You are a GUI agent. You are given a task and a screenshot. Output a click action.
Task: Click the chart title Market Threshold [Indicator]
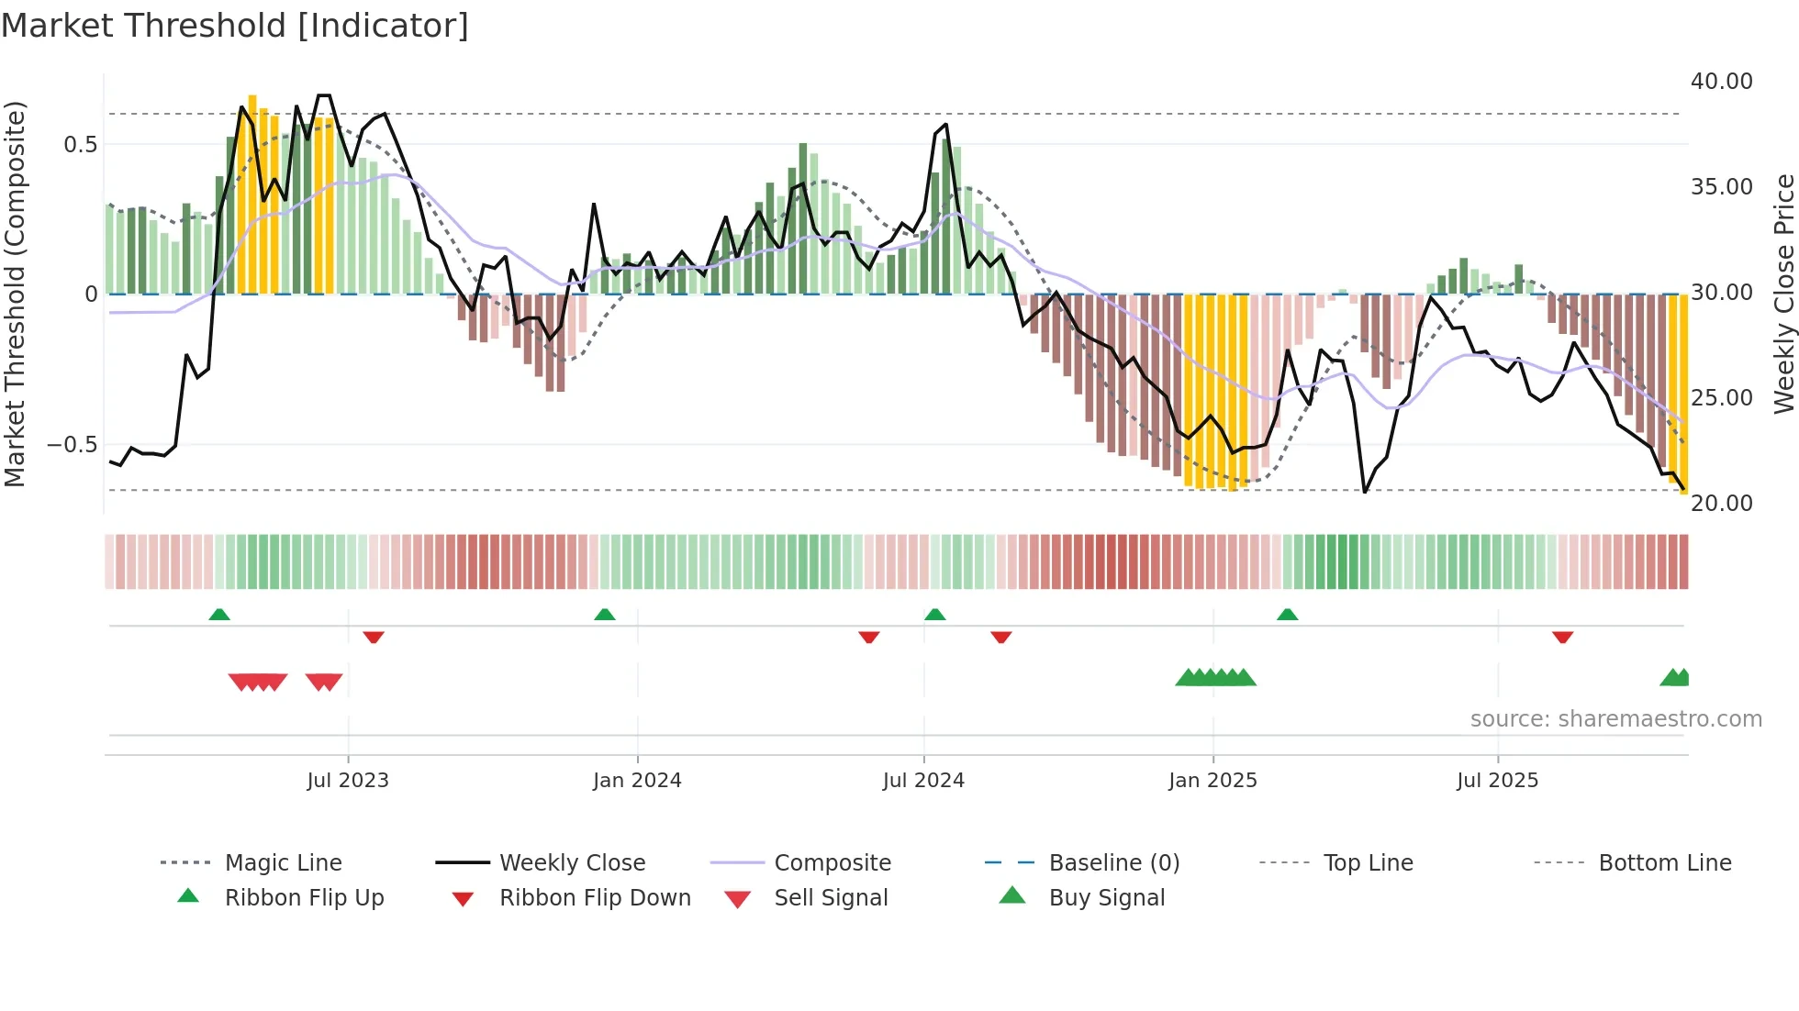click(235, 26)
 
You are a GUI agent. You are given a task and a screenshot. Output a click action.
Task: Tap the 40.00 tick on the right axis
click(1721, 82)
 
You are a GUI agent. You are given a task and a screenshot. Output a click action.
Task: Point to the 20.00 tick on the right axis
click(1721, 504)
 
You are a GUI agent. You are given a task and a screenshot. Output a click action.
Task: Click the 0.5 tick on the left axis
click(80, 145)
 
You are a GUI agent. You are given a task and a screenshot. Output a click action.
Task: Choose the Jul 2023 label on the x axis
click(348, 781)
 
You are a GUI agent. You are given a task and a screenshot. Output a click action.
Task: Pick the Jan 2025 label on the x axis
click(1212, 781)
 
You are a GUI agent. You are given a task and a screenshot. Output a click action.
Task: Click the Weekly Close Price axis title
click(1783, 294)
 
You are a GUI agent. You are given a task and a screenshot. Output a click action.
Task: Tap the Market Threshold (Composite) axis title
click(15, 294)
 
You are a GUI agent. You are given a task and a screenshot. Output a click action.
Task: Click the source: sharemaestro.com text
click(1615, 719)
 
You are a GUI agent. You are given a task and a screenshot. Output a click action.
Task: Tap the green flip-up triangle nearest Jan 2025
click(1287, 615)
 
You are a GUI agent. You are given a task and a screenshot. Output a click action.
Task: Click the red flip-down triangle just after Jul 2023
click(373, 637)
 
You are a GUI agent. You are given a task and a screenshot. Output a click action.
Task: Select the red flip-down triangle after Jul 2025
click(1562, 637)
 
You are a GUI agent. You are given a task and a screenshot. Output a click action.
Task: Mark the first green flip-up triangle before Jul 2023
click(219, 615)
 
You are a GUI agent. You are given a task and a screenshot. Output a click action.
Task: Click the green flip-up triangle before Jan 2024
click(605, 615)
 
